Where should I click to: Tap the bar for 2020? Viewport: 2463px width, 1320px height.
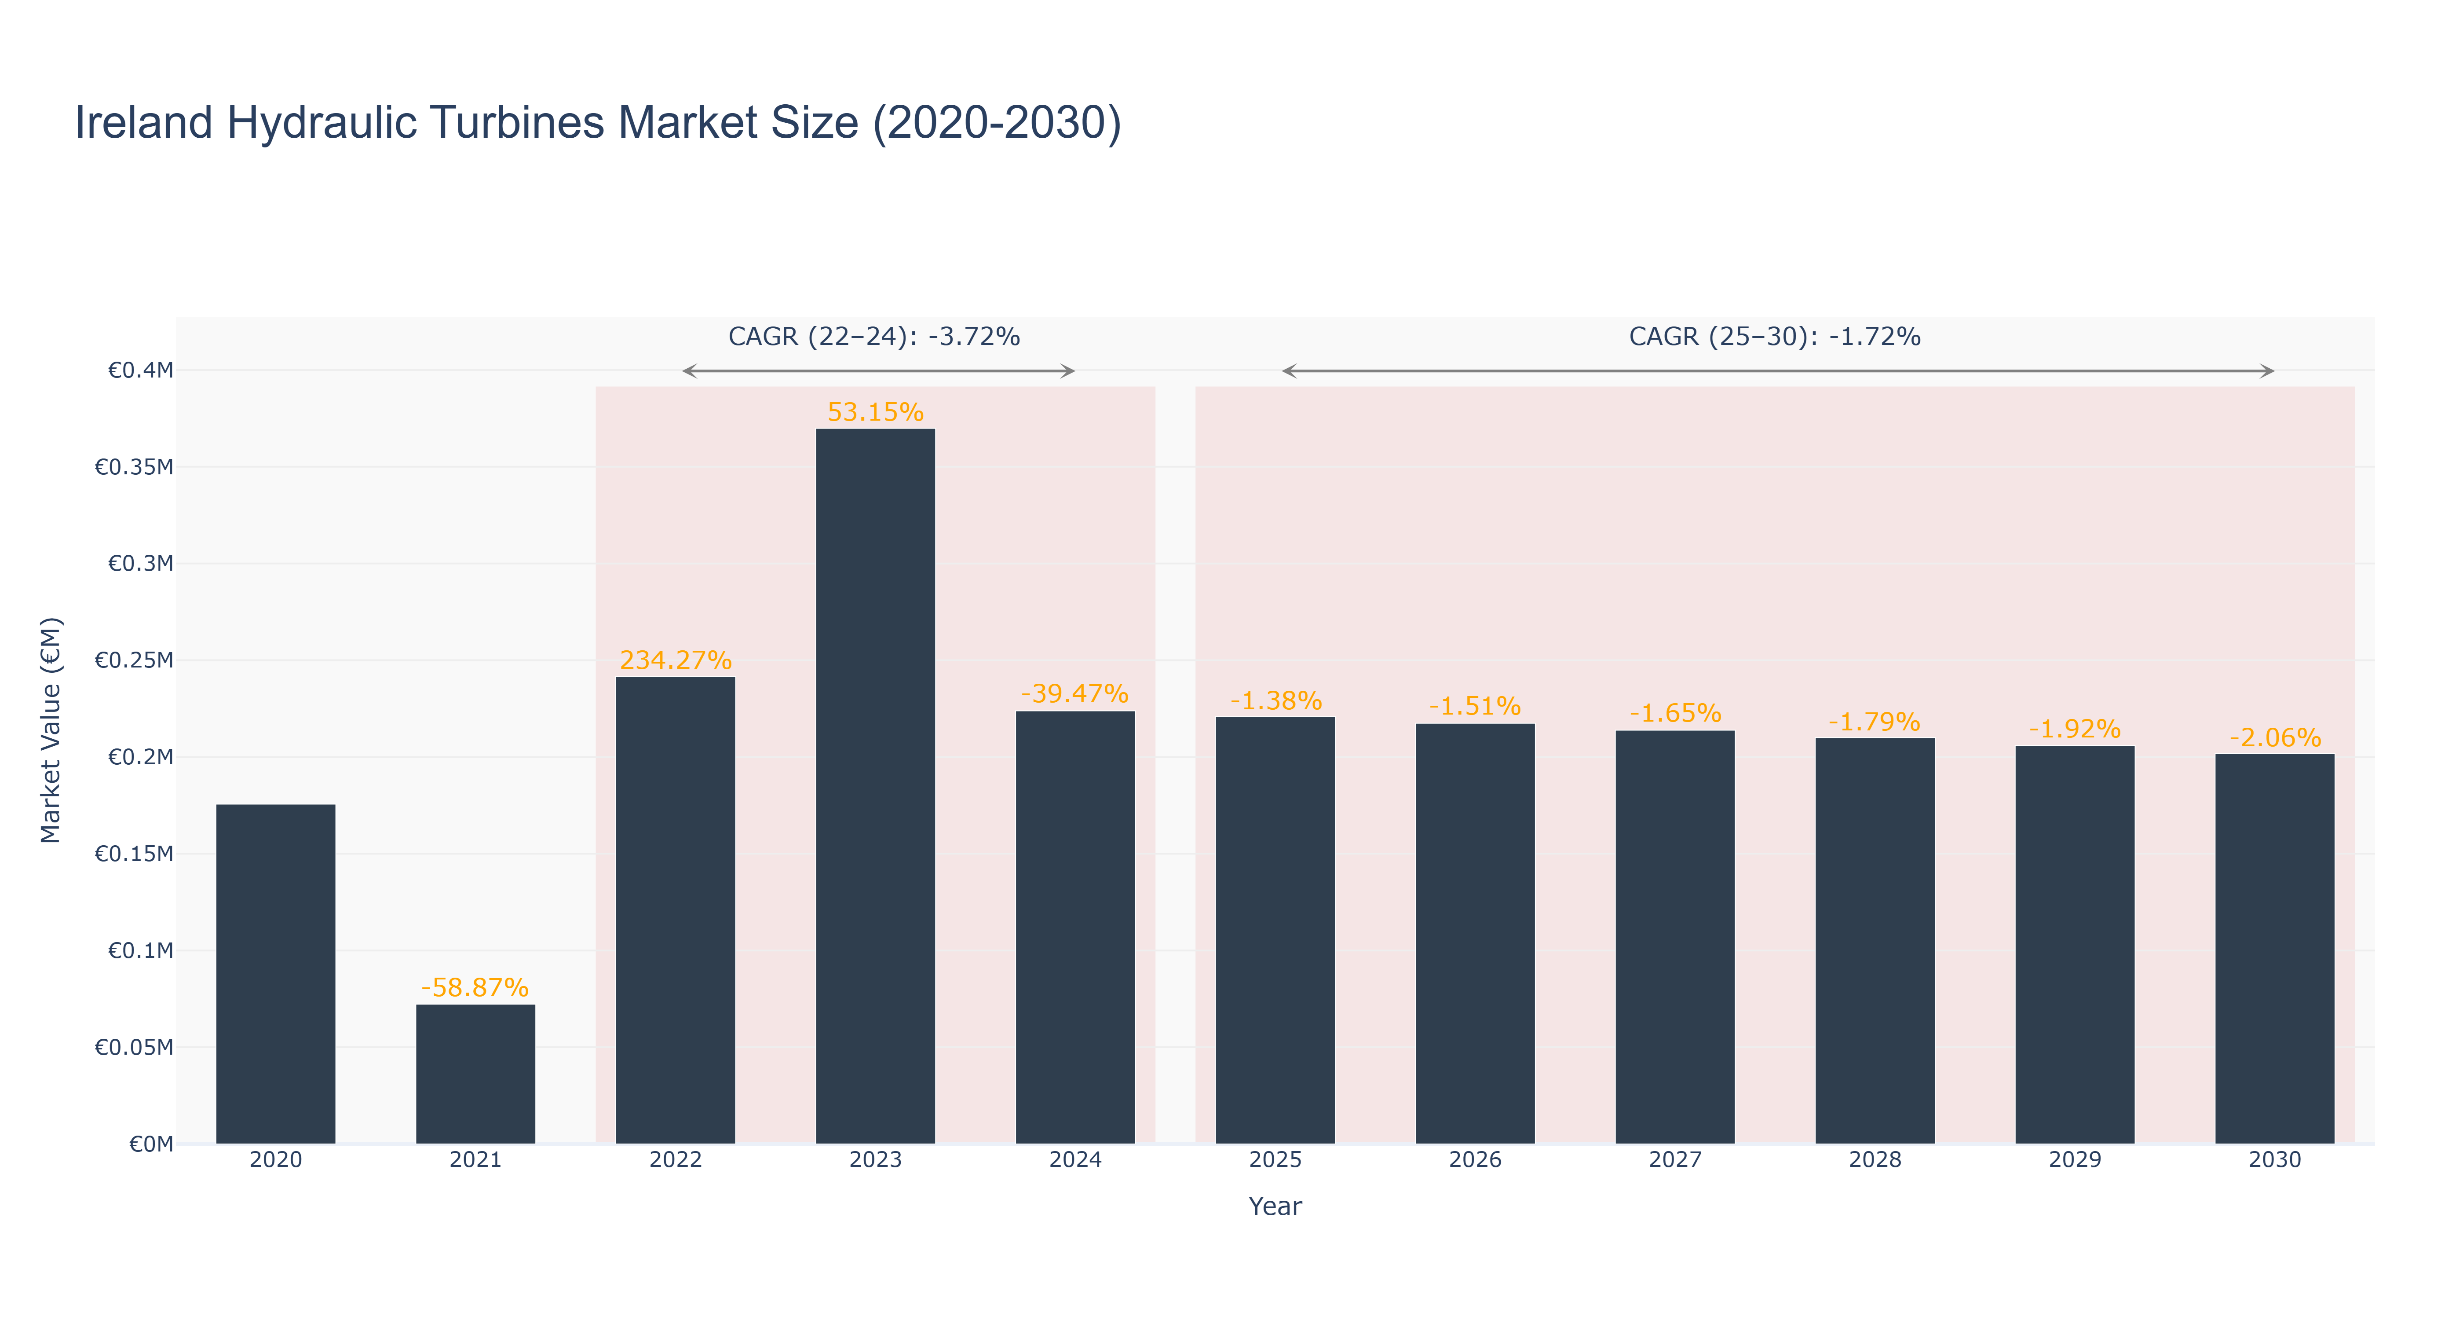[275, 974]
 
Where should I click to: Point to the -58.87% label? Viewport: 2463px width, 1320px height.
[475, 987]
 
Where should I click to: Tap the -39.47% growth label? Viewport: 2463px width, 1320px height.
[1074, 693]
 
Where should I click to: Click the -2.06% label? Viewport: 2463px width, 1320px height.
[2275, 737]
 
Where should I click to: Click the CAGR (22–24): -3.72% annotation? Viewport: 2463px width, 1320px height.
[874, 337]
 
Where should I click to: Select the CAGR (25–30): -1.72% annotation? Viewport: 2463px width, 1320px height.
[1775, 337]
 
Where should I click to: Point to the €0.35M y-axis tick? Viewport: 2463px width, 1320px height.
[134, 467]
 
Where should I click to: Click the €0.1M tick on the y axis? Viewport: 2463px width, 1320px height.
[141, 951]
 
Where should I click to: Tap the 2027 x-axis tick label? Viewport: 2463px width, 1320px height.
[1675, 1159]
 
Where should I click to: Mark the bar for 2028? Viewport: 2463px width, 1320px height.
[1875, 940]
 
